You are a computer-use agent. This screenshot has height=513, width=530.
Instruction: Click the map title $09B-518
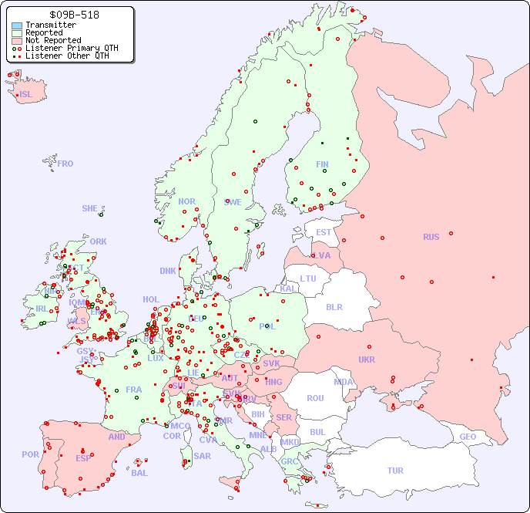pos(74,15)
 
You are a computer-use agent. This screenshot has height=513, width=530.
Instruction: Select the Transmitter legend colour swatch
pos(17,25)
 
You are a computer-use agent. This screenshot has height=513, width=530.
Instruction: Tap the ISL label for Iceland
pos(26,95)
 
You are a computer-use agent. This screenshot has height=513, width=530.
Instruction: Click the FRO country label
pos(65,164)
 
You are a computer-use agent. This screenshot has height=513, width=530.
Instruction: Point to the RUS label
pos(431,237)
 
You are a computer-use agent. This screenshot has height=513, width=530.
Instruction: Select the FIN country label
pos(322,164)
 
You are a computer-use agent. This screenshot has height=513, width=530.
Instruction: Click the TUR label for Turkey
pos(395,471)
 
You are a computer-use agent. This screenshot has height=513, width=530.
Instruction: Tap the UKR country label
pos(367,359)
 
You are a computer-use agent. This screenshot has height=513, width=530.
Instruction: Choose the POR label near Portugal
pos(30,454)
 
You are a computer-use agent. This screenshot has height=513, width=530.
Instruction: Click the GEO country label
pos(468,437)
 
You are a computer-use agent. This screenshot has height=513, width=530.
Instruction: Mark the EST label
pos(324,232)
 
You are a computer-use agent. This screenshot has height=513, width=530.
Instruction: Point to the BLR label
pos(334,306)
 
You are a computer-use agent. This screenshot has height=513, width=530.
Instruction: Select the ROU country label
pos(315,398)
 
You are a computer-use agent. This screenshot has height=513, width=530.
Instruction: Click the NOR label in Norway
pos(186,201)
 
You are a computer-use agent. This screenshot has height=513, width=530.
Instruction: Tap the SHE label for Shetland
pos(90,208)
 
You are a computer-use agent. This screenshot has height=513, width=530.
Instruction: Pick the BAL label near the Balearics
pos(139,473)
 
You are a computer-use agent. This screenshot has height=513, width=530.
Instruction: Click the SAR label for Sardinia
pos(202,456)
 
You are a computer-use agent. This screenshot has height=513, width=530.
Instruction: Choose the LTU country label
pos(308,278)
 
